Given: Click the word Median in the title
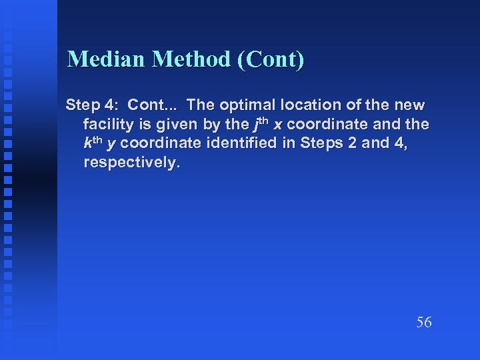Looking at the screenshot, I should pyautogui.click(x=107, y=60).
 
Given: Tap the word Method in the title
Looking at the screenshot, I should pyautogui.click(x=191, y=60).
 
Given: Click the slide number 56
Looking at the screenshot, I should pyautogui.click(x=424, y=323).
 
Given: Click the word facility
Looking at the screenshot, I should pyautogui.click(x=107, y=125).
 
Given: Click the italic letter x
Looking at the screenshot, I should pyautogui.click(x=278, y=125).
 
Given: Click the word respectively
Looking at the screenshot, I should pyautogui.click(x=131, y=163).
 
